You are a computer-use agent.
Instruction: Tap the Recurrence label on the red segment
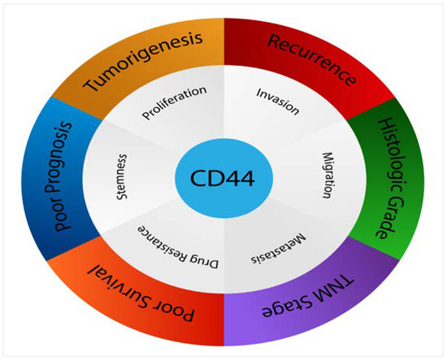pos(311,60)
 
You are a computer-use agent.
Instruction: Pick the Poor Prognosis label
pos(62,177)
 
